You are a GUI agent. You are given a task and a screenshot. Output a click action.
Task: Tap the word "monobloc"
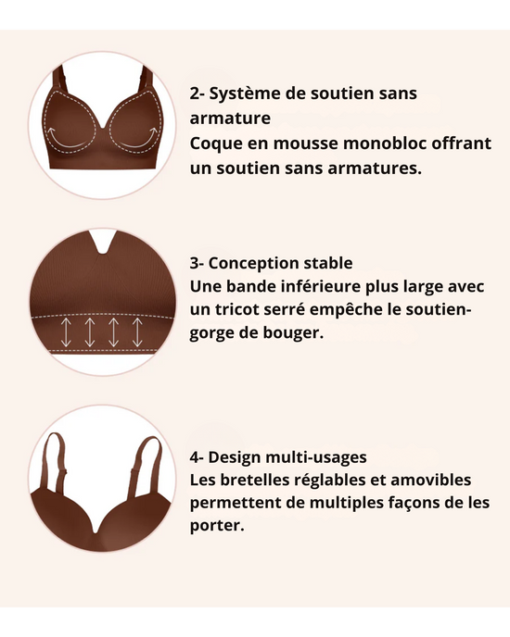tap(384, 143)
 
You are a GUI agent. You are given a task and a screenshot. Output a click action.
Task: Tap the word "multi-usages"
tap(316, 457)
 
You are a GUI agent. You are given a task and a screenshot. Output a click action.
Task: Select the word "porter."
tap(217, 526)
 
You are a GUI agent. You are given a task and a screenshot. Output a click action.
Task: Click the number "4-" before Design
tap(197, 457)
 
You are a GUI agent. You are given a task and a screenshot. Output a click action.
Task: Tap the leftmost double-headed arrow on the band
tap(66, 332)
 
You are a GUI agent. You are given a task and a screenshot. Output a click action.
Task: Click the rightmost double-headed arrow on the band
tap(137, 332)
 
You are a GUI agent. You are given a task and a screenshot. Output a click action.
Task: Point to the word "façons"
tap(404, 504)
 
